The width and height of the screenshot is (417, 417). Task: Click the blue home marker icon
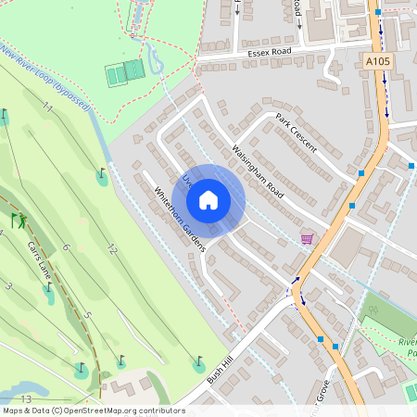pos(208,199)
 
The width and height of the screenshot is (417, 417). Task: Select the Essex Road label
pos(269,54)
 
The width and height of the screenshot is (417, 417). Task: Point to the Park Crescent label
pos(297,133)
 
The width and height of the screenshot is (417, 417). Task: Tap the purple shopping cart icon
pos(307,239)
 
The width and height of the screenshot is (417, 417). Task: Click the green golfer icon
pos(19,221)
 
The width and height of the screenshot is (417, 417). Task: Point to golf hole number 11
pos(47,109)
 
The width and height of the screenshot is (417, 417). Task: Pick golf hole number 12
pos(112,248)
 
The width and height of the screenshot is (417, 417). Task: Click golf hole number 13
pos(26,399)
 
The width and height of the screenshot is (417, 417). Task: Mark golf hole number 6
pos(66,247)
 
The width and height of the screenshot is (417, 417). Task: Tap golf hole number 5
pos(88,316)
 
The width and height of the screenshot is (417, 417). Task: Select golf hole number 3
pos(8,286)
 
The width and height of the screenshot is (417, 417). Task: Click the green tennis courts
pos(125,71)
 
